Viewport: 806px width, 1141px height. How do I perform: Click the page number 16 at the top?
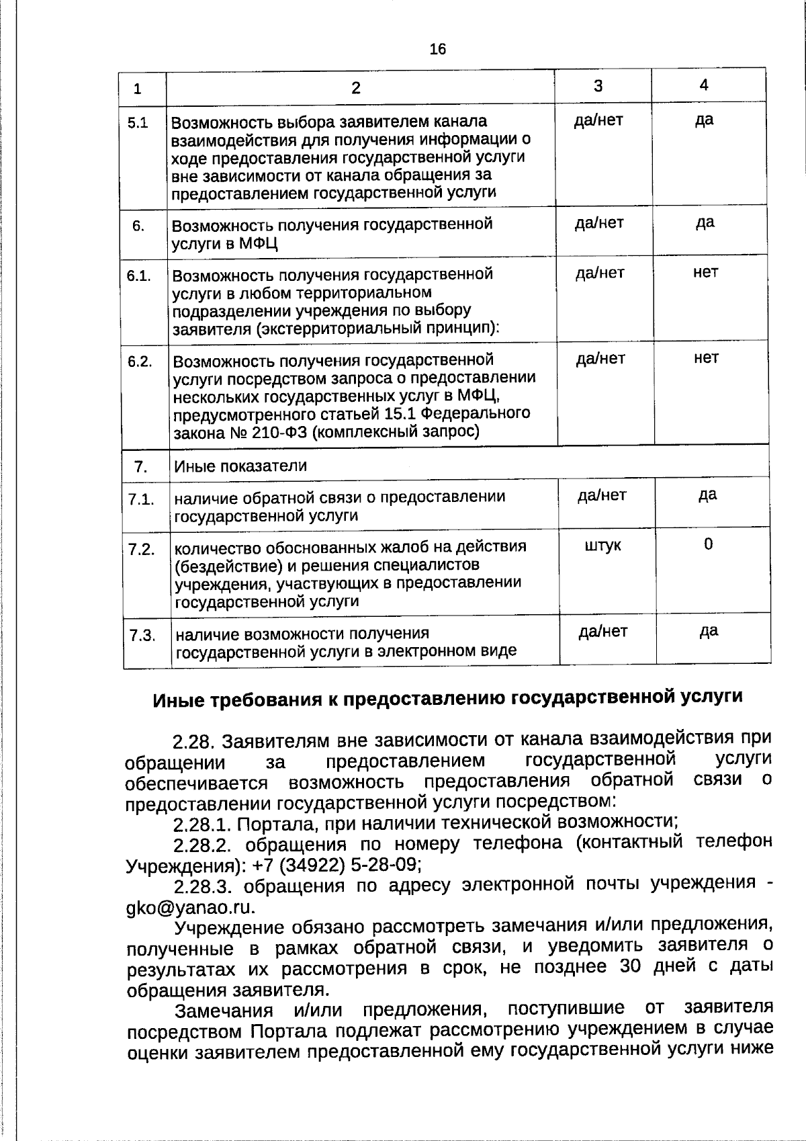click(437, 49)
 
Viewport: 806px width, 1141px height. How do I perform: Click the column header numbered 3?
click(598, 85)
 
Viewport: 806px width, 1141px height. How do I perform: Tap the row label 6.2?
click(140, 362)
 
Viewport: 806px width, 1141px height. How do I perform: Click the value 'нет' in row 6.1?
click(705, 272)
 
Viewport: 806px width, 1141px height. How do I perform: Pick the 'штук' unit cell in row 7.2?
click(602, 546)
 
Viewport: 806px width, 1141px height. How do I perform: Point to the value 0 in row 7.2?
click(709, 544)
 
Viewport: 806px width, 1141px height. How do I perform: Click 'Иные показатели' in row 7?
click(240, 466)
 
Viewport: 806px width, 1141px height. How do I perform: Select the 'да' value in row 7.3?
click(709, 630)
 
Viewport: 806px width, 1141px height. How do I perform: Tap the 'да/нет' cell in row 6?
click(599, 222)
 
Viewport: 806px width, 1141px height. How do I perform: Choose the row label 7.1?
click(142, 499)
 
